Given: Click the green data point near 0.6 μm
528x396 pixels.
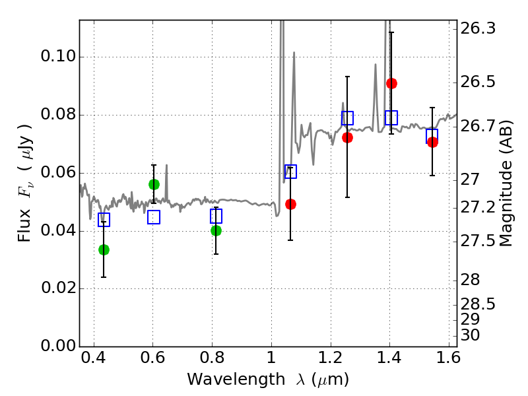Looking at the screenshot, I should pyautogui.click(x=154, y=184).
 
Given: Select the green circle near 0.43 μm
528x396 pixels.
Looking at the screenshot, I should pyautogui.click(x=104, y=249).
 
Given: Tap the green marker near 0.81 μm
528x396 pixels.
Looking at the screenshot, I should pyautogui.click(x=216, y=230).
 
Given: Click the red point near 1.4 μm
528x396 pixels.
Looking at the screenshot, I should pyautogui.click(x=391, y=83).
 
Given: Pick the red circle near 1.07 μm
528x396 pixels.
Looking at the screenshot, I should pyautogui.click(x=290, y=204).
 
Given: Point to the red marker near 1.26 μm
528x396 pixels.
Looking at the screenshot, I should pyautogui.click(x=347, y=137).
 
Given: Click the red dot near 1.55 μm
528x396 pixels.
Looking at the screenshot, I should pyautogui.click(x=432, y=142).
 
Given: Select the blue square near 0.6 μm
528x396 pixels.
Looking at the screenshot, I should pyautogui.click(x=154, y=217).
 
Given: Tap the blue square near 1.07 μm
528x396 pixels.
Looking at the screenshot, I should pyautogui.click(x=290, y=172).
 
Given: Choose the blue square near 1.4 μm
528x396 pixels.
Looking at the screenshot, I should pyautogui.click(x=391, y=118).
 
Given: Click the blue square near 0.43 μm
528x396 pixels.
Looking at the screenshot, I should pyautogui.click(x=104, y=220).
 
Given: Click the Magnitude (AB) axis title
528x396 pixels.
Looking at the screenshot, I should pyautogui.click(x=506, y=183).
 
